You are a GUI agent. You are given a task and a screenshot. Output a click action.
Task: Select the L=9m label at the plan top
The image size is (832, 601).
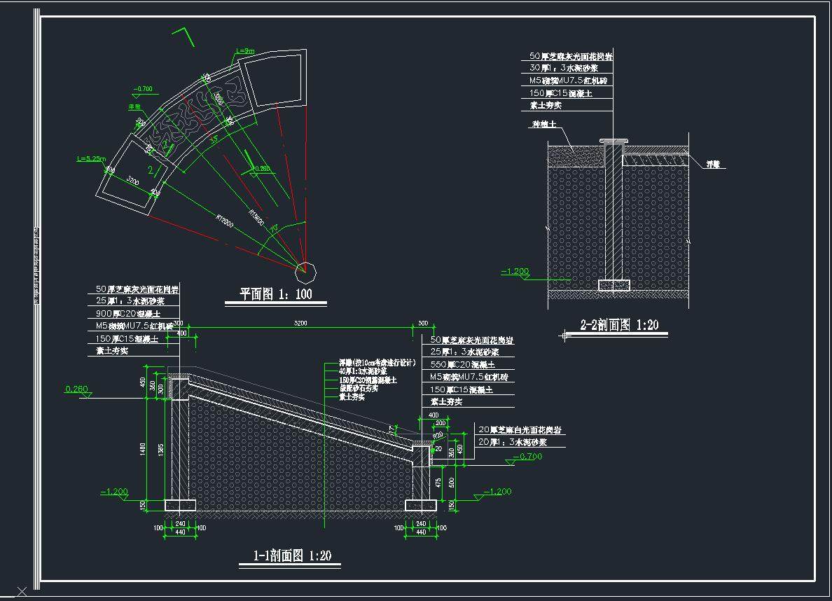tap(245, 50)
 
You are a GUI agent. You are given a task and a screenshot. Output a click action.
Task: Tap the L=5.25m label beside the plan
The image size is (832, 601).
tap(92, 159)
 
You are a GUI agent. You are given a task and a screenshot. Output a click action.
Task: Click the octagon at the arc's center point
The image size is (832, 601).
tap(306, 269)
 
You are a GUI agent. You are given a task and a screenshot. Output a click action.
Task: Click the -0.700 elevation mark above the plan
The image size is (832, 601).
tap(143, 89)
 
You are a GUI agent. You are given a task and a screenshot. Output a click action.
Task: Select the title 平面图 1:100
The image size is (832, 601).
tap(276, 294)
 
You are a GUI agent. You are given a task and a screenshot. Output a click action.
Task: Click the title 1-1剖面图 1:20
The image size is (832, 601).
tap(292, 556)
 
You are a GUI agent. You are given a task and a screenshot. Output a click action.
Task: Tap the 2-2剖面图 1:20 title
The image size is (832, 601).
tap(619, 325)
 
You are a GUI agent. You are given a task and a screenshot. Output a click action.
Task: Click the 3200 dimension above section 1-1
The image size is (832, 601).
tap(301, 324)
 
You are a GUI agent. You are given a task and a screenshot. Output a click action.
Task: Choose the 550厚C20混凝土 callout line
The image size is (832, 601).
tap(463, 364)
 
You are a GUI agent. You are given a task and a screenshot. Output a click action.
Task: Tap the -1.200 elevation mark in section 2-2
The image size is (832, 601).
tap(516, 271)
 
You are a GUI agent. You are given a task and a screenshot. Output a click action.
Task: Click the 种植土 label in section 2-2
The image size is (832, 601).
tap(543, 124)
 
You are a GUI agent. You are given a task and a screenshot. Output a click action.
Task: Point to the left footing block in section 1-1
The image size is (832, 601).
tap(179, 505)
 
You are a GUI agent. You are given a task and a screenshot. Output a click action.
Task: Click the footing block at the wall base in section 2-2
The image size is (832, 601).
tap(614, 285)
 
